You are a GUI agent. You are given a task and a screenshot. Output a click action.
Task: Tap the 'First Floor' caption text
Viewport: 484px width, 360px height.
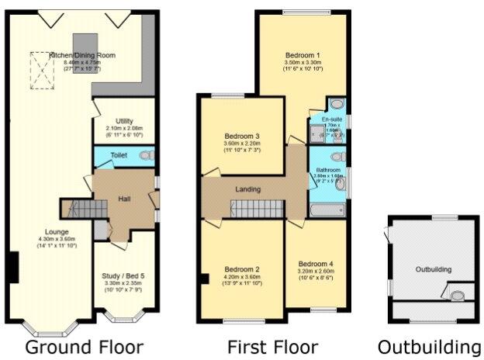[x=272, y=345]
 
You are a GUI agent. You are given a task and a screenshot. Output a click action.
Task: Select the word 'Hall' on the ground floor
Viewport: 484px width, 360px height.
[x=123, y=199]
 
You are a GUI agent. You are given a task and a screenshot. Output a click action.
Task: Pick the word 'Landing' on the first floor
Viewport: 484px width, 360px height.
[x=248, y=189]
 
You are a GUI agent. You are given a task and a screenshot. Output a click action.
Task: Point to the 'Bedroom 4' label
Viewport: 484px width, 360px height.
[x=316, y=263]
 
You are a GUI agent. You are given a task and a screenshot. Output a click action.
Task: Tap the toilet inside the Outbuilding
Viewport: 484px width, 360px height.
[x=456, y=295]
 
